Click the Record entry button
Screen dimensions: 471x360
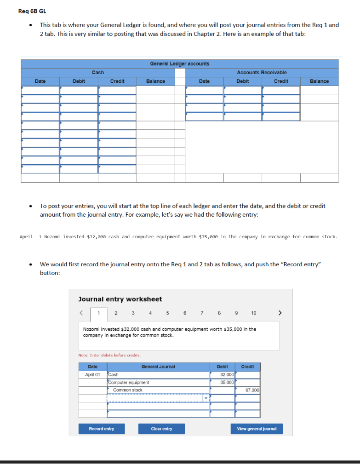point(101,429)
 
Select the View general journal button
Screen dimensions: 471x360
point(257,429)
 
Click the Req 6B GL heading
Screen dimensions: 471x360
point(32,11)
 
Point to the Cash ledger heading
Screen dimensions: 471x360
point(98,72)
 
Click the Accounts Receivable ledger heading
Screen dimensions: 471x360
point(262,72)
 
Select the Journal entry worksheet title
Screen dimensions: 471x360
point(120,299)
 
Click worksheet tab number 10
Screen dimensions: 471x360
point(254,313)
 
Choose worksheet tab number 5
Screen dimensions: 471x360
point(167,313)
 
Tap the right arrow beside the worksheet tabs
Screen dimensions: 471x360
point(280,313)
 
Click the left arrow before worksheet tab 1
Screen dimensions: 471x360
point(82,313)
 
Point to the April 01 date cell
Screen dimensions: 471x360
point(92,375)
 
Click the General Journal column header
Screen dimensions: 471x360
point(158,367)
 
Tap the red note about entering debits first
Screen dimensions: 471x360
point(103,355)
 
